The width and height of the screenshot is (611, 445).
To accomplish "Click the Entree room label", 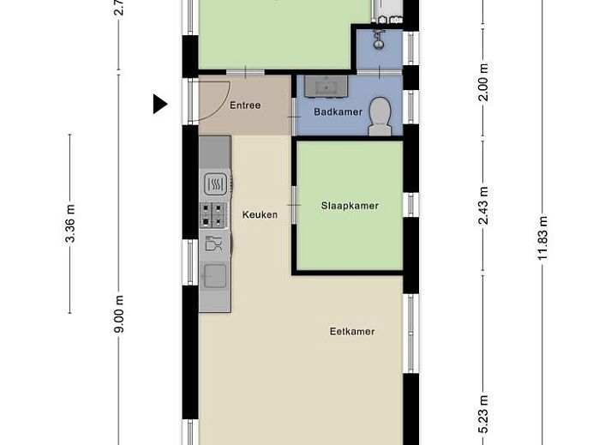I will (245, 105).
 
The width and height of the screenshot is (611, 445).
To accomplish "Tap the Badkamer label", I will (338, 111).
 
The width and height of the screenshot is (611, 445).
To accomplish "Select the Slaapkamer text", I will (350, 206).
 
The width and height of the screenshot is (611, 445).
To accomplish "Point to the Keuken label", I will (260, 214).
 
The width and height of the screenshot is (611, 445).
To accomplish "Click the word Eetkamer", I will (352, 331).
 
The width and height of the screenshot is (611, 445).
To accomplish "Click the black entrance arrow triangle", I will (159, 104).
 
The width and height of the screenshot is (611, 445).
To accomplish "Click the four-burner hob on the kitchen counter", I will (215, 213).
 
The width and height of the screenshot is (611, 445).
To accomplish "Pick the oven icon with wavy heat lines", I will (215, 183).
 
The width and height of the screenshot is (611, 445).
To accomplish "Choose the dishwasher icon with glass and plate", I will (215, 243).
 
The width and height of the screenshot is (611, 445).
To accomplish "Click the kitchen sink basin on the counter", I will (215, 274).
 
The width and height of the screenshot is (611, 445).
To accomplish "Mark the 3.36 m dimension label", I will (70, 223).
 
